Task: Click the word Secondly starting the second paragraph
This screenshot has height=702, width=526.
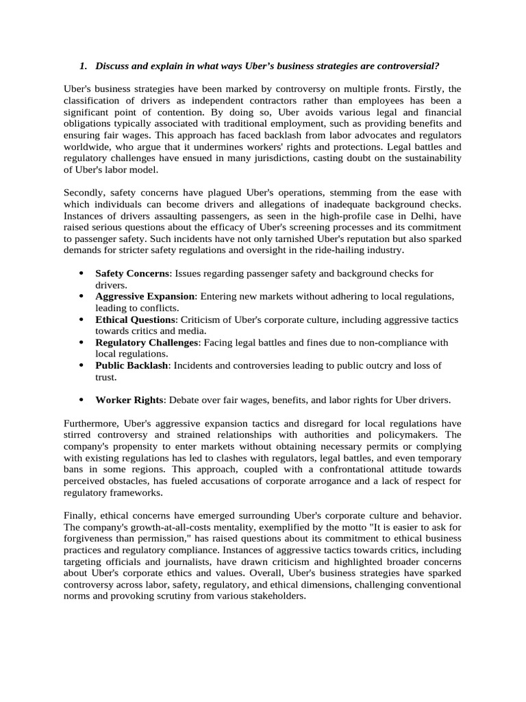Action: coord(84,193)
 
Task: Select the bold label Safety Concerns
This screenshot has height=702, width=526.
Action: coord(132,273)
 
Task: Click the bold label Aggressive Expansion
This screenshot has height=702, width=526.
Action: coord(145,296)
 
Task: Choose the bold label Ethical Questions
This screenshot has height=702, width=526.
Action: coord(136,319)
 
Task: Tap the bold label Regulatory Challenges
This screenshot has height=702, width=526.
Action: coord(147,342)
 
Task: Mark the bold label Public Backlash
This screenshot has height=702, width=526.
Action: coord(131,365)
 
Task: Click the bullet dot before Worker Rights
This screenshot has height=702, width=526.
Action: coord(82,400)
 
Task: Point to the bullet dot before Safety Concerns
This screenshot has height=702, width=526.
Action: coord(82,273)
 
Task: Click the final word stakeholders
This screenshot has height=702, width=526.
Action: coord(275,596)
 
